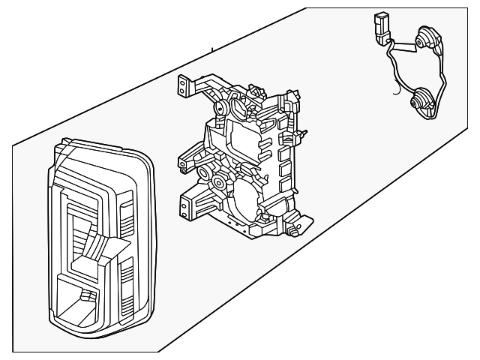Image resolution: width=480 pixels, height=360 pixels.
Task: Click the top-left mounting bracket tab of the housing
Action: click(182, 86)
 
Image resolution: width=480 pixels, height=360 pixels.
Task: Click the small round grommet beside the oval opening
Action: click(222, 111)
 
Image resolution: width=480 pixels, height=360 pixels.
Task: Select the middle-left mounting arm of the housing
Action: click(187, 160)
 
